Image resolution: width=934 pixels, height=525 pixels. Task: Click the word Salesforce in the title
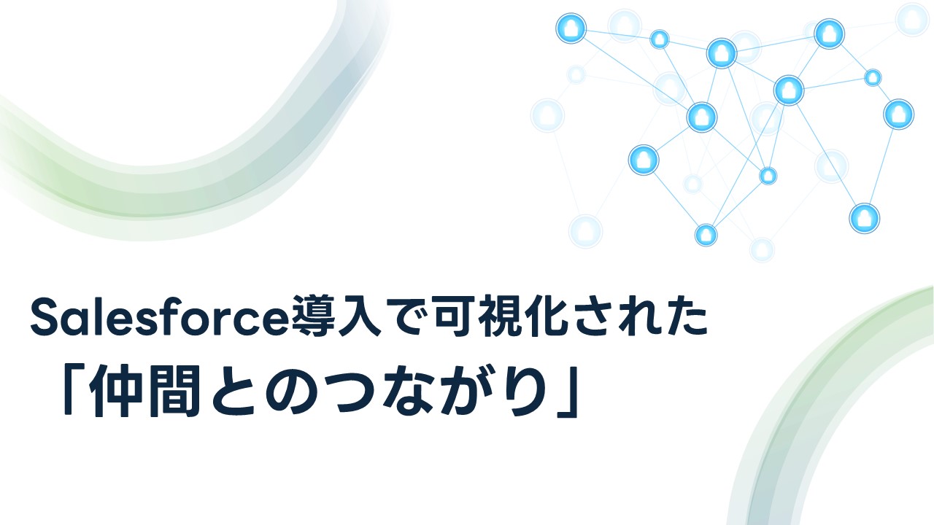[161, 317]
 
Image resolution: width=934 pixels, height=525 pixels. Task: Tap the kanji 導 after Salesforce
[313, 316]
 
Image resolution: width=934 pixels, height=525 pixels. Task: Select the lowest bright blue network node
[706, 235]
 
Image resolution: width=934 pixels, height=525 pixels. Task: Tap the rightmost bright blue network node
[898, 114]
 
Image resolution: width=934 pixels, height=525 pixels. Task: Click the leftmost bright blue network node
[571, 28]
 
